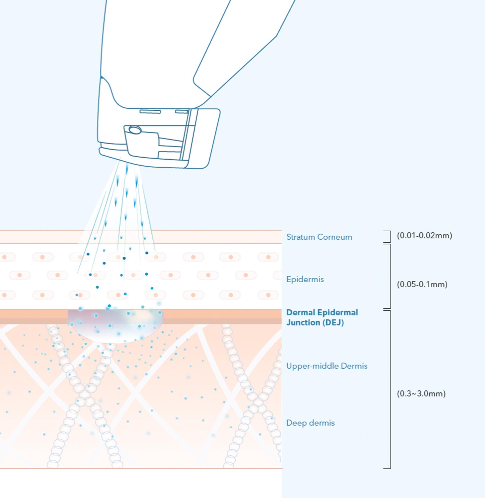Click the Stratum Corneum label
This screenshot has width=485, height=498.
click(x=319, y=237)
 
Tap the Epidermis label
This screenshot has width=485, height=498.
click(x=305, y=279)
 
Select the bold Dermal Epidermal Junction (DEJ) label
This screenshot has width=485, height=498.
click(x=322, y=317)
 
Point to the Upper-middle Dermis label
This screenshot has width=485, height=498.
click(x=327, y=366)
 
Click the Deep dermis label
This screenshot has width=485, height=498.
click(x=310, y=423)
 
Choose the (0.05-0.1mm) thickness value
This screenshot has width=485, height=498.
click(x=422, y=284)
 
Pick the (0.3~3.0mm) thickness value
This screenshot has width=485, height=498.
click(x=421, y=394)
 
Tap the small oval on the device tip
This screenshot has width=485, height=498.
click(x=135, y=130)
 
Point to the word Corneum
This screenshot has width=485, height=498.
click(x=335, y=237)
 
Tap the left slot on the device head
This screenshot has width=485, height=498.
click(x=150, y=112)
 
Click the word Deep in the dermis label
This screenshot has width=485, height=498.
click(x=294, y=423)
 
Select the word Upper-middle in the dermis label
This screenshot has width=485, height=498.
click(x=313, y=366)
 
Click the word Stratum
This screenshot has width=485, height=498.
click(x=301, y=237)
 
